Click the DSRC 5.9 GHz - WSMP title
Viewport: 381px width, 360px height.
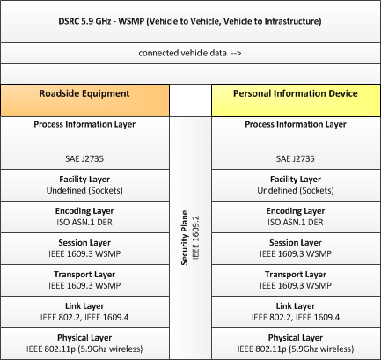pyautogui.click(x=190, y=21)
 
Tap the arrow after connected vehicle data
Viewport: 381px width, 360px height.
pyautogui.click(x=236, y=53)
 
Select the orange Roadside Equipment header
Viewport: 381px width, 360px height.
pyautogui.click(x=84, y=100)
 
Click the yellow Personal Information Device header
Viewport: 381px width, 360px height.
pyautogui.click(x=296, y=100)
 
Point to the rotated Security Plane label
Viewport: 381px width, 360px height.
pyautogui.click(x=184, y=238)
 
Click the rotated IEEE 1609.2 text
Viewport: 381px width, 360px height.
pyautogui.click(x=195, y=238)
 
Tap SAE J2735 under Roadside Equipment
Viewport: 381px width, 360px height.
pyautogui.click(x=84, y=158)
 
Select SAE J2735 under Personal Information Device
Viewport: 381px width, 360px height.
pyautogui.click(x=296, y=158)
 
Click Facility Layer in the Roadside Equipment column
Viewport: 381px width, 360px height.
pyautogui.click(x=84, y=180)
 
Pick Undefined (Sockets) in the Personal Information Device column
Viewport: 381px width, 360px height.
pyautogui.click(x=296, y=191)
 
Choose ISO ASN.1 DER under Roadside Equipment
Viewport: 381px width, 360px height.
pyautogui.click(x=84, y=222)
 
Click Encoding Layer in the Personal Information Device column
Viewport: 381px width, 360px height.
pyautogui.click(x=296, y=211)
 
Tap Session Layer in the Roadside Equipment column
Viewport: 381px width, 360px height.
pyautogui.click(x=84, y=243)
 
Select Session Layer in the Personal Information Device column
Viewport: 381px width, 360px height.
pyautogui.click(x=296, y=243)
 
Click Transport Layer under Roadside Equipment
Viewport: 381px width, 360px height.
pyautogui.click(x=84, y=275)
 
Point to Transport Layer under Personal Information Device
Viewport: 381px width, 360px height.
pyautogui.click(x=296, y=275)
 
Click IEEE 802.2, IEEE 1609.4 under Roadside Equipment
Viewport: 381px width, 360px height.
pyautogui.click(x=84, y=317)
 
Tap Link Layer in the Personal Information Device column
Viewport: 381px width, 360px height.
pyautogui.click(x=296, y=306)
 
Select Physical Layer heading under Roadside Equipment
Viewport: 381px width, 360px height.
pyautogui.click(x=84, y=338)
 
